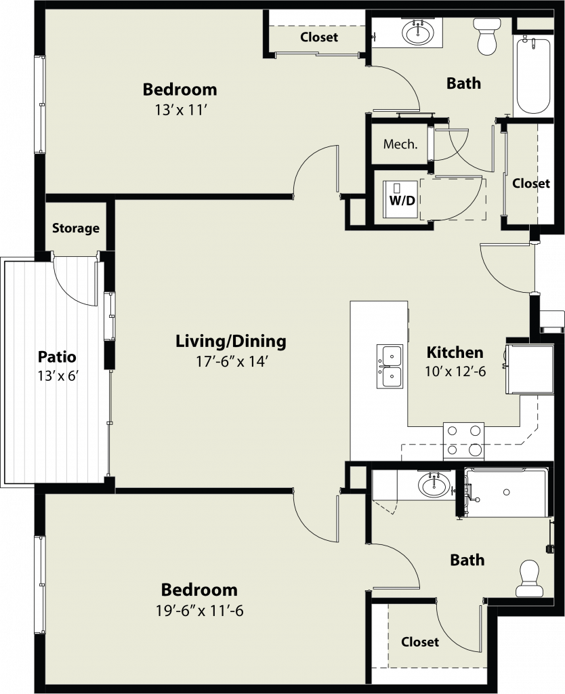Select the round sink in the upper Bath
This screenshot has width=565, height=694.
pyautogui.click(x=418, y=32)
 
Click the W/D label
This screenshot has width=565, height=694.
pyautogui.click(x=402, y=201)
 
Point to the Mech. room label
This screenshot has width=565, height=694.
pyautogui.click(x=400, y=144)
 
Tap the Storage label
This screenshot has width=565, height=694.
pyautogui.click(x=76, y=228)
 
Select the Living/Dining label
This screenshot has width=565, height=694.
pyautogui.click(x=231, y=342)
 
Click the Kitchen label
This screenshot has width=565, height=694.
pyautogui.click(x=455, y=352)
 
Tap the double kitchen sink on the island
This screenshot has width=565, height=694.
pyautogui.click(x=390, y=367)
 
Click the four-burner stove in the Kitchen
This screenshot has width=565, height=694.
pyautogui.click(x=463, y=441)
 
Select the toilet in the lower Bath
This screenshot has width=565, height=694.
pyautogui.click(x=530, y=579)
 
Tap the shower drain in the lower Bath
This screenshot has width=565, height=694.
pyautogui.click(x=506, y=492)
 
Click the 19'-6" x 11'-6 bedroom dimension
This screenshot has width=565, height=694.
pyautogui.click(x=200, y=611)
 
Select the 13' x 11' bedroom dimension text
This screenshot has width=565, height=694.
pyautogui.click(x=182, y=110)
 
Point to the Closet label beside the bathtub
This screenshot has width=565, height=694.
pyautogui.click(x=531, y=183)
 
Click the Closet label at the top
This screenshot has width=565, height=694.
pyautogui.click(x=319, y=37)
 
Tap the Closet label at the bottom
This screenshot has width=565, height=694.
pyautogui.click(x=420, y=642)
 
